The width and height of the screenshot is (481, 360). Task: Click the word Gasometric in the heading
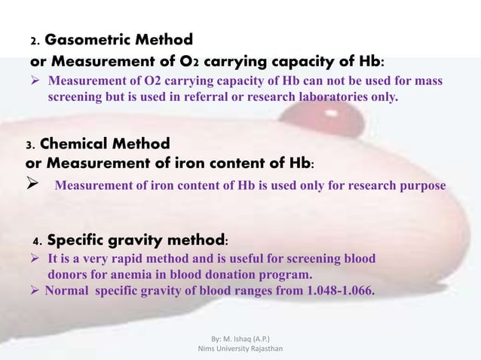tap(90, 39)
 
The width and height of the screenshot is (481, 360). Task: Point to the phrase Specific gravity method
tap(134, 241)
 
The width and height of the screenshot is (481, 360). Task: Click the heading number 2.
tap(33, 41)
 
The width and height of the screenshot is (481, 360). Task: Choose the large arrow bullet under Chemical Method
tap(32, 184)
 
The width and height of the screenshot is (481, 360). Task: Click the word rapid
tap(122, 259)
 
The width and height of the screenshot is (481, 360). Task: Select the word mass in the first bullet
tap(427, 81)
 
